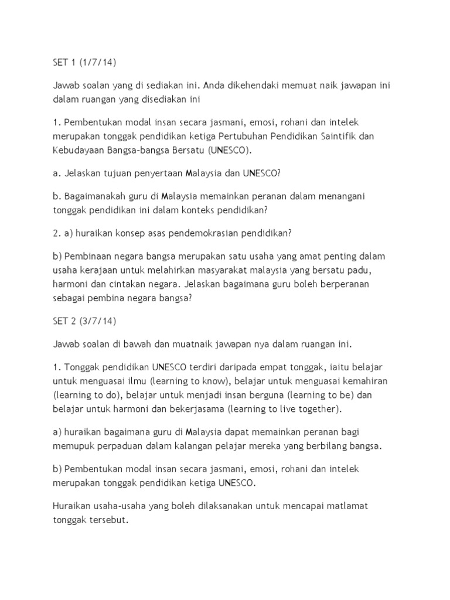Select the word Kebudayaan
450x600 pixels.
(x=77, y=150)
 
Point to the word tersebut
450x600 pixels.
(x=113, y=519)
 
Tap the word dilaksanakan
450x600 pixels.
(x=222, y=504)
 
